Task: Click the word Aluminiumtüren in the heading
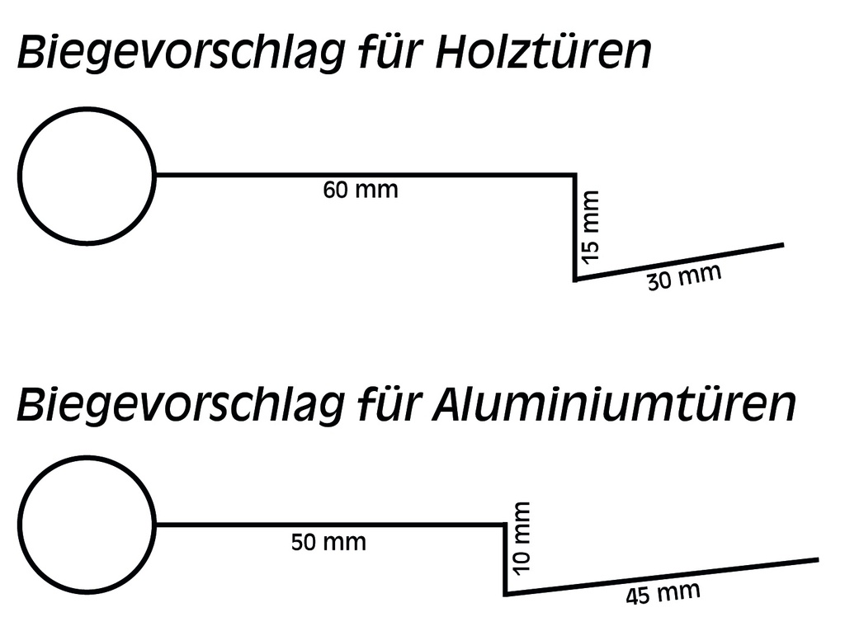coord(614,403)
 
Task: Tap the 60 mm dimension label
coord(361,191)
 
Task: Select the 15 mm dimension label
coord(590,227)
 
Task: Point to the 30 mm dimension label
coord(684,277)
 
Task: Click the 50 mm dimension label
coord(328,542)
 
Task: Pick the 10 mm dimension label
coord(522,539)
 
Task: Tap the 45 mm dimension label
coord(663,593)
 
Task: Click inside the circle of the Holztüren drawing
coord(87,177)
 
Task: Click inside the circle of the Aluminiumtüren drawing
coord(87,525)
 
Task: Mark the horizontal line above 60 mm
coord(366,175)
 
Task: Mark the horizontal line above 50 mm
coord(330,523)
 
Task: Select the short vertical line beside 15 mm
coord(575,227)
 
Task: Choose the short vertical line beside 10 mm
coord(505,558)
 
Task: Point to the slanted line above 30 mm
coord(679,261)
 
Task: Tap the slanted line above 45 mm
coord(662,577)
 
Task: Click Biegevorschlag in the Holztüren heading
coord(181,54)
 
